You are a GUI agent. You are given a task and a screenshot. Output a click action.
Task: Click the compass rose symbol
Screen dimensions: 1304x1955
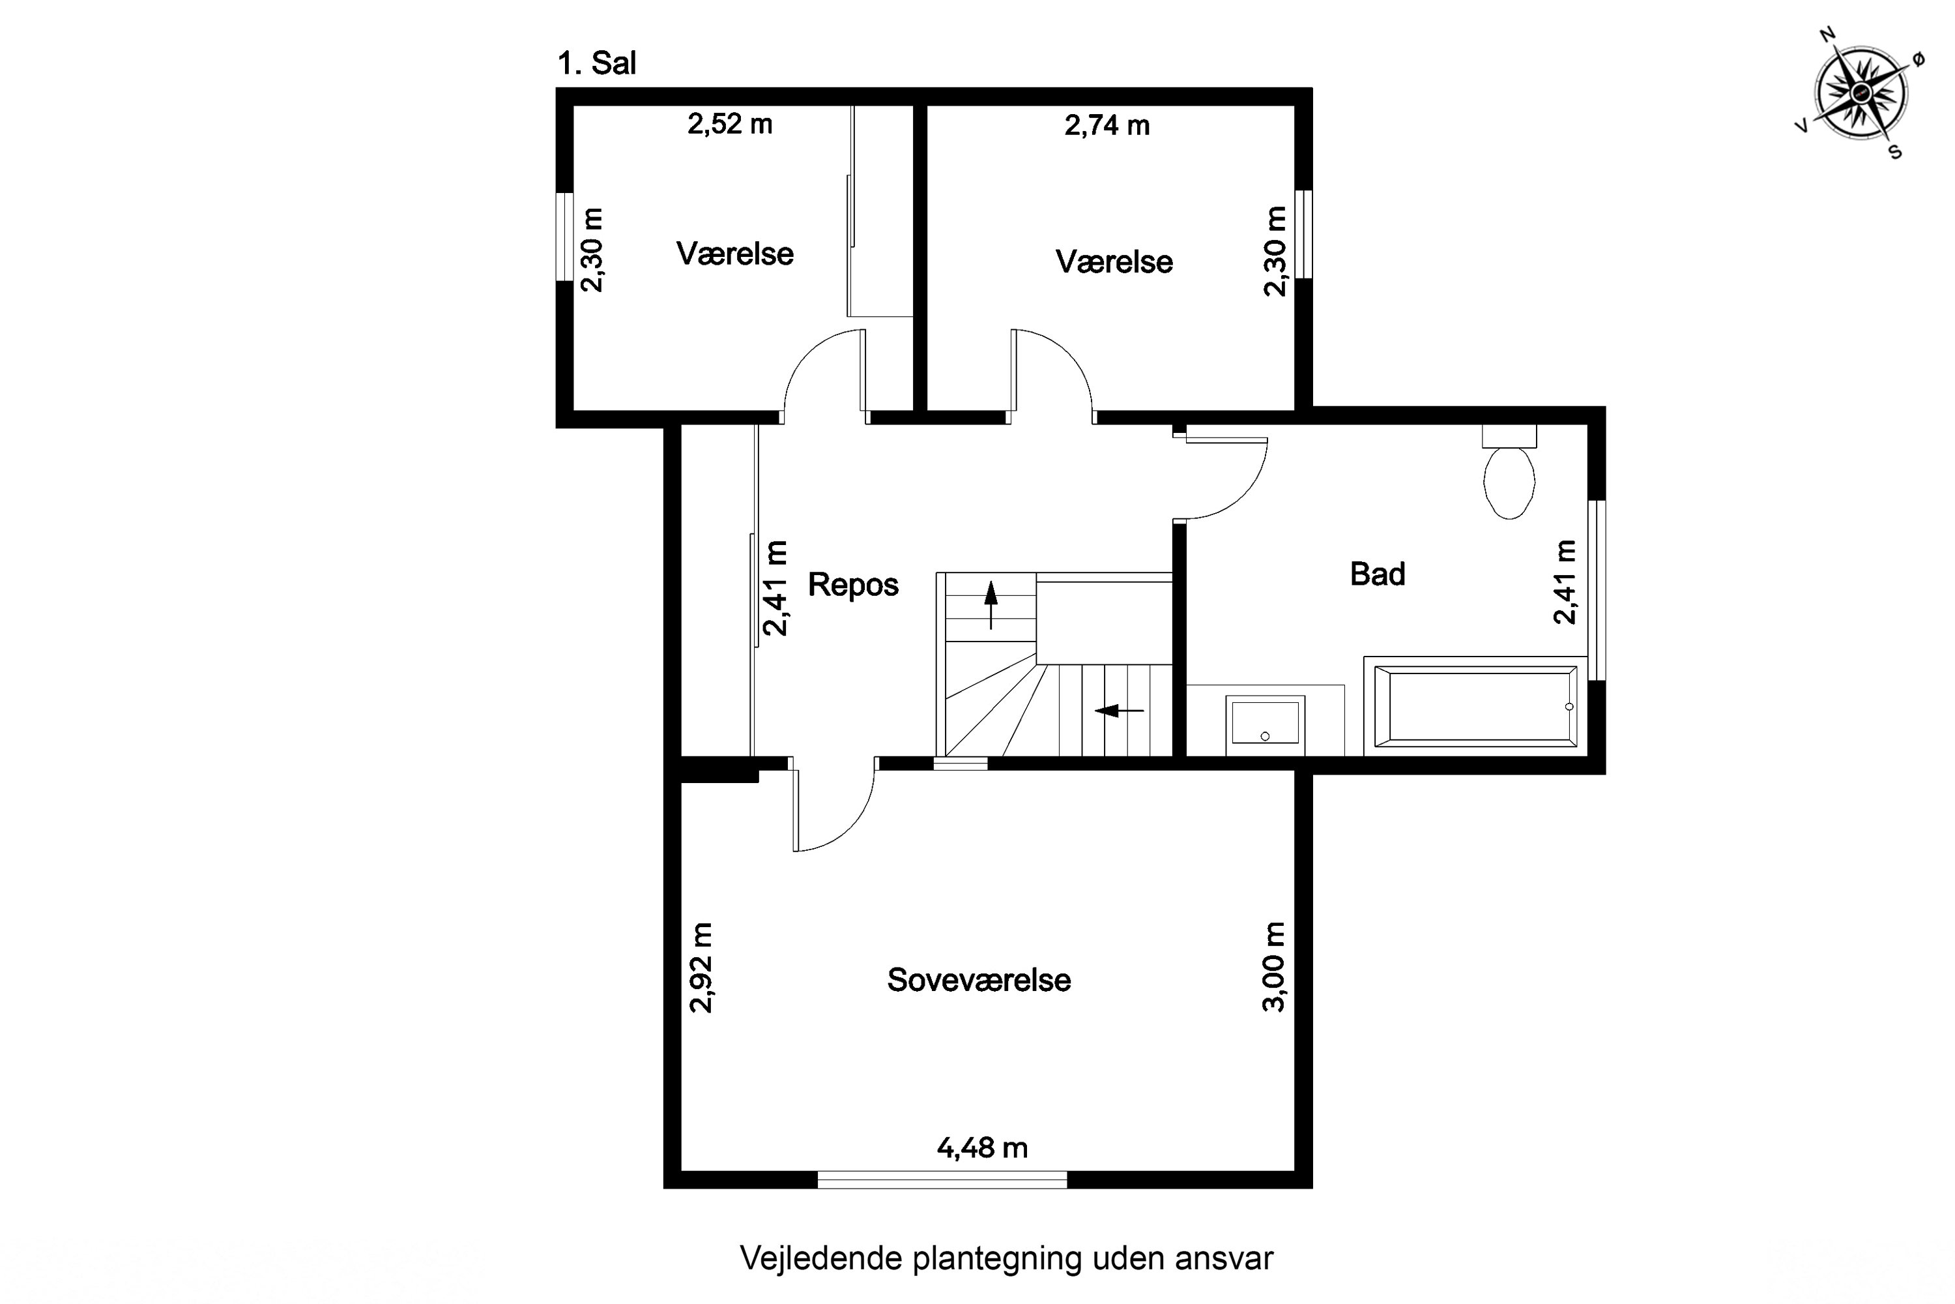tap(1861, 93)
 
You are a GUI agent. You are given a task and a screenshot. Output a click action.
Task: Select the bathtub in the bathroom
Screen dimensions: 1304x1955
tap(1476, 703)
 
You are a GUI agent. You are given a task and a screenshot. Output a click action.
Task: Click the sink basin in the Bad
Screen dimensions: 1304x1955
tap(1264, 721)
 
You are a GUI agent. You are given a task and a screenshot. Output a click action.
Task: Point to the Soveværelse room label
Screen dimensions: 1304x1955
tap(978, 981)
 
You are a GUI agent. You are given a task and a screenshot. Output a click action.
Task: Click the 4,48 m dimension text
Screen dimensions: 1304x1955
tap(981, 1148)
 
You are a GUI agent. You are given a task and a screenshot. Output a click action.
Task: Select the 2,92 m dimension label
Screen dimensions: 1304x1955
tap(701, 967)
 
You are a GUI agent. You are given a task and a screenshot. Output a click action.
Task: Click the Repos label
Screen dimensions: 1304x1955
tap(853, 585)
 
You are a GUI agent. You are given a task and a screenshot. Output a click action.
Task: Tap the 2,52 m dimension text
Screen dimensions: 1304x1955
tap(730, 125)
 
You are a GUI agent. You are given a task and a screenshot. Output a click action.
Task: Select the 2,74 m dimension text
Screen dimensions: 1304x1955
tap(1107, 126)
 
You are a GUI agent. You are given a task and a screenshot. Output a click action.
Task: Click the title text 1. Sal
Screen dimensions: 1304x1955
tap(596, 63)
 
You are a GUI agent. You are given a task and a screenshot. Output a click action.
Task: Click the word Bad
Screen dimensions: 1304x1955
tap(1378, 574)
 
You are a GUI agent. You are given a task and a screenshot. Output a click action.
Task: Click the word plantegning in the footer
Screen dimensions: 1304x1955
tap(998, 1258)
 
